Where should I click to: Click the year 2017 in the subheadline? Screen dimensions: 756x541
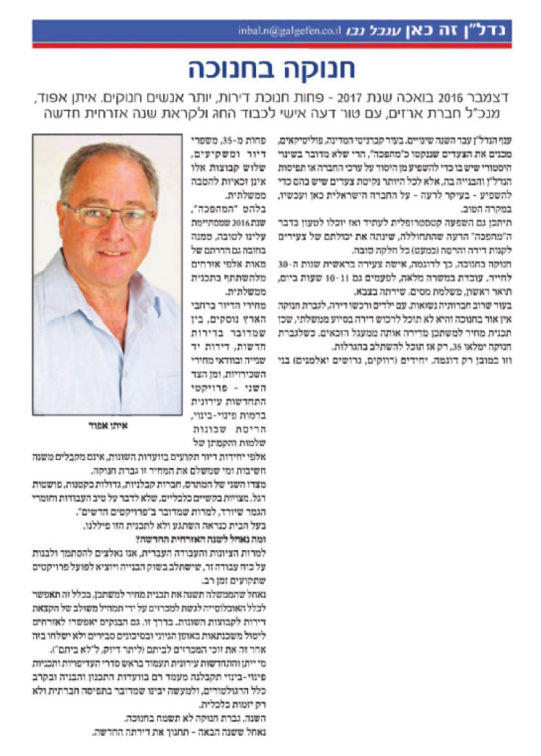361,97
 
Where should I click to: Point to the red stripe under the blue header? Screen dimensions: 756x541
271,45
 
